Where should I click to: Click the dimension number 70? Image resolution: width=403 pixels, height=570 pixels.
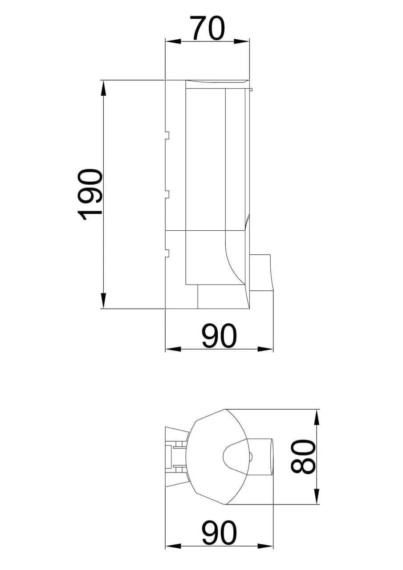(207, 28)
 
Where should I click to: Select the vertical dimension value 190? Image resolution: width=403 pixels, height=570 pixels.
(90, 195)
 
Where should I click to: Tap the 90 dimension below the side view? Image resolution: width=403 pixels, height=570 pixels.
(219, 336)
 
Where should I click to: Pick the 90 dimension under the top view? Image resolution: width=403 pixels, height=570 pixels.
(219, 533)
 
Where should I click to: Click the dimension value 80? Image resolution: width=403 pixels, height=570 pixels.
(303, 457)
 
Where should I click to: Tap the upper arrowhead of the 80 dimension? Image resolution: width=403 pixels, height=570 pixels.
(316, 417)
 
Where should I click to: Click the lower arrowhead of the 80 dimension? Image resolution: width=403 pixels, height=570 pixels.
(316, 497)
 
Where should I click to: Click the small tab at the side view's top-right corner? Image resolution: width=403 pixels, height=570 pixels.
(251, 90)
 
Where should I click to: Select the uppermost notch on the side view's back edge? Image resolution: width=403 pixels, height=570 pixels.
(167, 135)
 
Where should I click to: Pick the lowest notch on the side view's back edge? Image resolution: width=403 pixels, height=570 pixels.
(167, 253)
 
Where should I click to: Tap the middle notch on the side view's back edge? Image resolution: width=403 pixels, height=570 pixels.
(167, 194)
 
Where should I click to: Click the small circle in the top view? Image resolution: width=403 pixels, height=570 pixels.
(250, 456)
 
